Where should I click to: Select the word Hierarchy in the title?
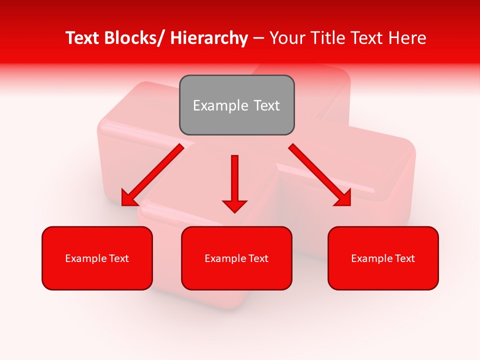pyautogui.click(x=209, y=38)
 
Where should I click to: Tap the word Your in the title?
pyautogui.click(x=287, y=38)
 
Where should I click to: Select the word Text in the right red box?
pyautogui.click(x=404, y=258)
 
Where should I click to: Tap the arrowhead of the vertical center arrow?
pyautogui.click(x=234, y=205)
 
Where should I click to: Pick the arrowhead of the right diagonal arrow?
pyautogui.click(x=343, y=198)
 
